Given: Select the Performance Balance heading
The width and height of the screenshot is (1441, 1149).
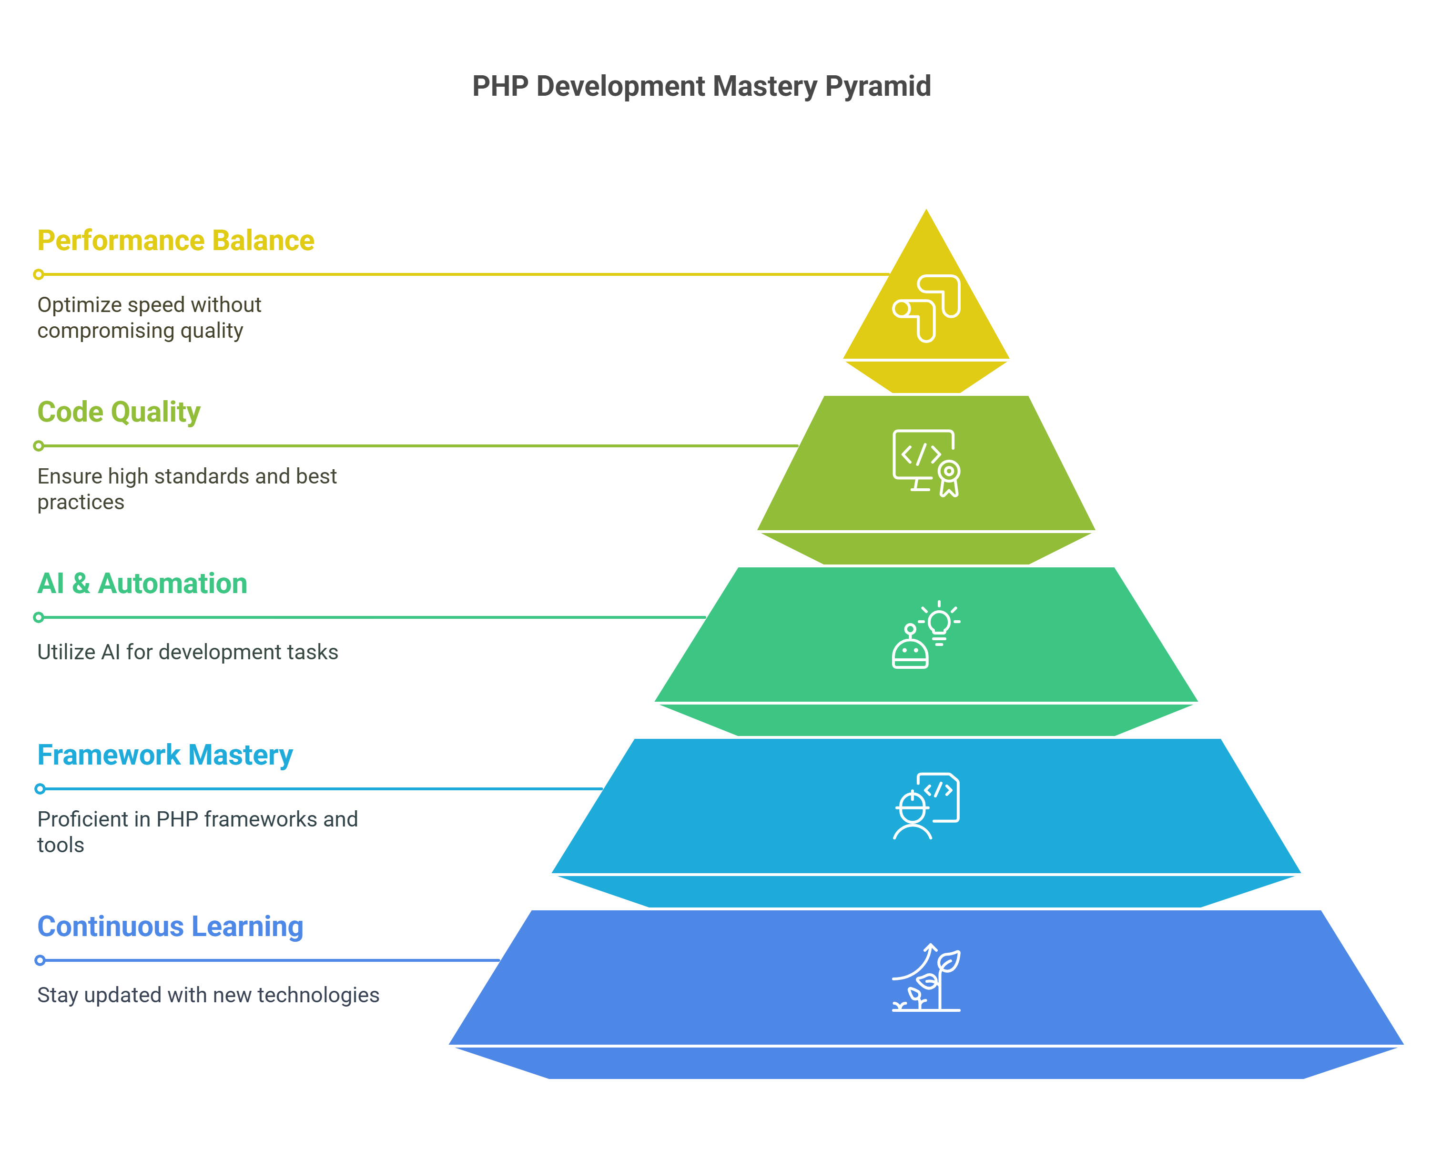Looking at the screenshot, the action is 176,241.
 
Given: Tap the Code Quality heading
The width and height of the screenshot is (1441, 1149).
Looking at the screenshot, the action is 119,412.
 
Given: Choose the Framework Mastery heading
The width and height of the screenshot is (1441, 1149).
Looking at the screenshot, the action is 165,755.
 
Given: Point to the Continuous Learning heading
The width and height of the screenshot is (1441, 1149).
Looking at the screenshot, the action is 171,927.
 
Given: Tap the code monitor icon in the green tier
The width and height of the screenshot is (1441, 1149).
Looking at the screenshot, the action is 926,464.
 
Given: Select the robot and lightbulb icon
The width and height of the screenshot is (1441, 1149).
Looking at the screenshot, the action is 926,635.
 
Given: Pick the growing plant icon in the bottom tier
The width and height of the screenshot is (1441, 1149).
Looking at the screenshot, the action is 926,978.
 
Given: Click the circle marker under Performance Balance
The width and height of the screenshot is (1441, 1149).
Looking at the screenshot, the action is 39,274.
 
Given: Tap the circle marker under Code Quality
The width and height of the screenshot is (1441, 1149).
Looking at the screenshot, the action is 39,445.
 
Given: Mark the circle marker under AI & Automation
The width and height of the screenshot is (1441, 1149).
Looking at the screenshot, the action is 39,617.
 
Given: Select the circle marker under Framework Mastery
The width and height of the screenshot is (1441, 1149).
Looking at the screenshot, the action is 40,789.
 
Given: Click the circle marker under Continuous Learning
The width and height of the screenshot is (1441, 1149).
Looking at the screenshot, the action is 40,961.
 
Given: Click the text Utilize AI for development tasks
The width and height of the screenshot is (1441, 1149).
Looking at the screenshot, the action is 188,652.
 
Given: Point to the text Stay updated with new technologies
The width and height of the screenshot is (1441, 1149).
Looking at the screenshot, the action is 209,995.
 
